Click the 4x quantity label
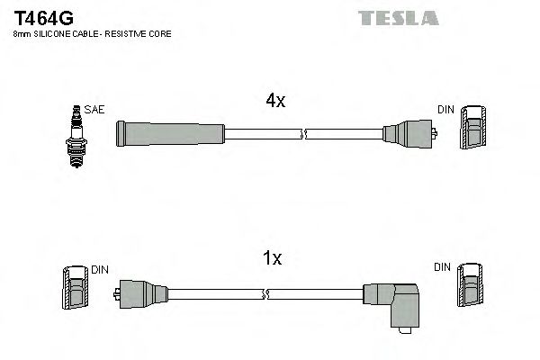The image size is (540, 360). click(274, 102)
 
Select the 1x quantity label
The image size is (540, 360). click(271, 259)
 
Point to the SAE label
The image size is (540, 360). click(96, 109)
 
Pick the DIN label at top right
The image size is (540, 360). click(445, 109)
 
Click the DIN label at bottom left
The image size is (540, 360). click(99, 269)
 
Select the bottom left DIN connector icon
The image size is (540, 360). click(76, 290)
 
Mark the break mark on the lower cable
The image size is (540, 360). click(266, 293)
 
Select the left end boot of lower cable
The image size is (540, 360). click(139, 293)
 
